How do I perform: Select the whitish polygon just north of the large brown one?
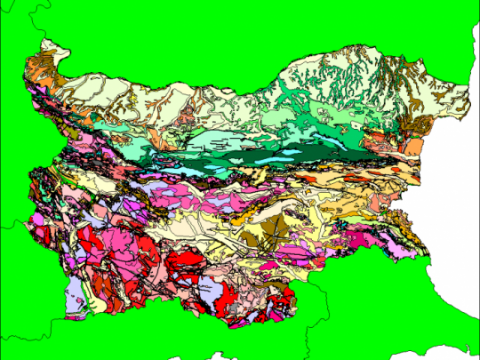point(258,213)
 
